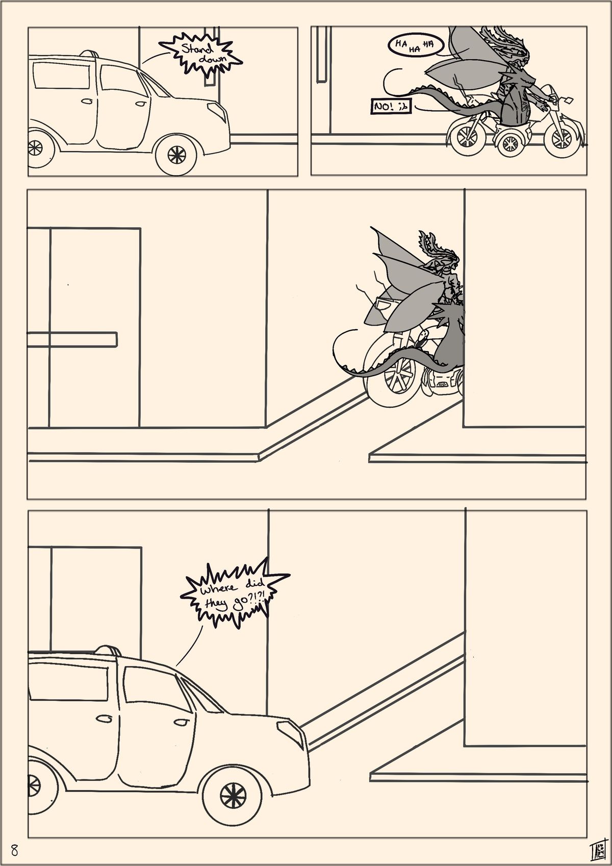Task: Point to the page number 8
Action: (x=15, y=849)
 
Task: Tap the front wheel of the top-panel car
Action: (x=176, y=155)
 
